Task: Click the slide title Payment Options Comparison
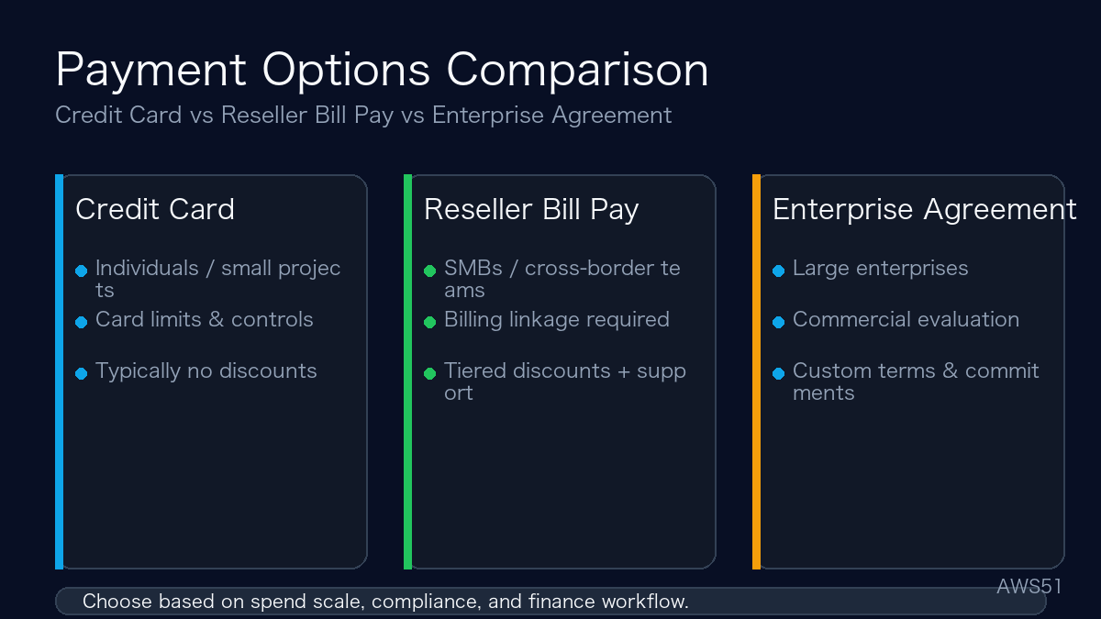coord(382,71)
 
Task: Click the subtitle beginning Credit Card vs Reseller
coord(363,116)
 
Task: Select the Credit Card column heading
coord(155,209)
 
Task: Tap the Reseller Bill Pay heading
coord(531,209)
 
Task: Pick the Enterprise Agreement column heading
coord(924,209)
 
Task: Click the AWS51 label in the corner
coord(1029,586)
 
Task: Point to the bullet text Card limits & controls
coord(204,320)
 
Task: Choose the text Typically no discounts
coord(206,371)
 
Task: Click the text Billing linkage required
coord(556,320)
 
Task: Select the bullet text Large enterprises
coord(880,269)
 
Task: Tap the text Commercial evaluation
coord(906,320)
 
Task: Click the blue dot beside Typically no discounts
coord(81,373)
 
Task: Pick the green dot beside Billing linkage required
coord(429,322)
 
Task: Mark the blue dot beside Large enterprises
coord(778,271)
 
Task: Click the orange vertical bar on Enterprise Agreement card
coord(757,371)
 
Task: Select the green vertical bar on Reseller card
coord(408,371)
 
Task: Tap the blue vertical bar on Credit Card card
coord(60,371)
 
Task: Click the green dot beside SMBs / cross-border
coord(429,271)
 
